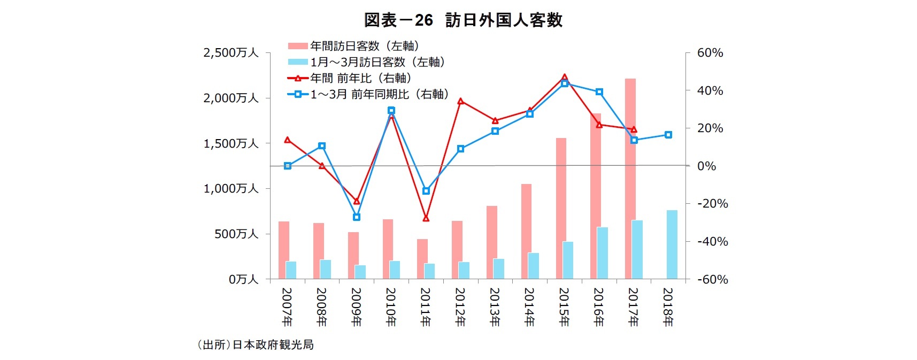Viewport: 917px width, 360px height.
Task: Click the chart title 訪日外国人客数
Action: (x=463, y=20)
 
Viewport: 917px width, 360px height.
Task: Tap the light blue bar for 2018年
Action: (x=672, y=244)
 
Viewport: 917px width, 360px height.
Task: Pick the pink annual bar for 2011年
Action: (x=422, y=259)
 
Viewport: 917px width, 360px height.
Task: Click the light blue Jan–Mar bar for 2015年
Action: (x=568, y=260)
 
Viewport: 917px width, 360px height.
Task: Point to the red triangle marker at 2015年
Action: (x=565, y=77)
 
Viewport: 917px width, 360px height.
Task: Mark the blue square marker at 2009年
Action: (x=357, y=217)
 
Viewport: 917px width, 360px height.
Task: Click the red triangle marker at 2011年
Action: (x=426, y=218)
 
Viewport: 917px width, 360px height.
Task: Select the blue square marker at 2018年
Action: (x=668, y=135)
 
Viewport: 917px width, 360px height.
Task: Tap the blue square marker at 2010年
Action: (x=391, y=111)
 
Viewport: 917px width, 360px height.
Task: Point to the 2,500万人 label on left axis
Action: (x=231, y=53)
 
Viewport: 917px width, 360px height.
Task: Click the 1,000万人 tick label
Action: (x=231, y=189)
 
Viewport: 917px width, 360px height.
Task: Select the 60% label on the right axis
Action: (x=710, y=53)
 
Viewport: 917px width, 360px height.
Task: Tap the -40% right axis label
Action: (x=712, y=242)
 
